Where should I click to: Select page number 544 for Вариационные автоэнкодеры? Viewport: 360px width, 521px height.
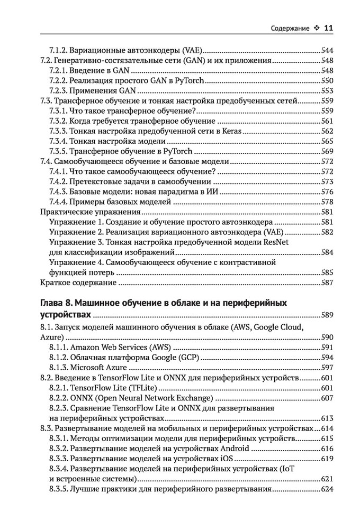[x=327, y=51]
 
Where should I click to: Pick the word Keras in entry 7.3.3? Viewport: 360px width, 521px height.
[x=228, y=131]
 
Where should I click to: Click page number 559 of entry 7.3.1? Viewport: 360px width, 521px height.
[x=327, y=111]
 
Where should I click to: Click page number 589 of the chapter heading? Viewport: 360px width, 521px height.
[x=327, y=316]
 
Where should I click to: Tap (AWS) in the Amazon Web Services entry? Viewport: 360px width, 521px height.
[x=157, y=348]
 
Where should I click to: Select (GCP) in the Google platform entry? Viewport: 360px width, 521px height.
[x=187, y=358]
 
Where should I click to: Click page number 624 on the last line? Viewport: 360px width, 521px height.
[x=327, y=489]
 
